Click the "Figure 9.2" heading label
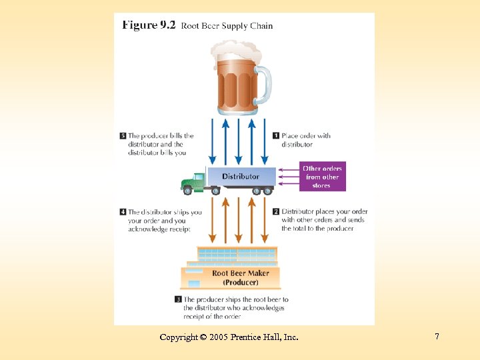tap(149, 25)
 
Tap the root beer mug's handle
tap(265, 85)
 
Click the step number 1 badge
tap(275, 136)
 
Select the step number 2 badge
tap(275, 212)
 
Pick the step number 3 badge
tap(179, 300)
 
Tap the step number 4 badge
tap(123, 213)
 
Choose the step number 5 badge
tap(123, 136)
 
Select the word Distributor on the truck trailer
tap(241, 177)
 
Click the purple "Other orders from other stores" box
tap(321, 177)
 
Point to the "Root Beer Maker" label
tap(241, 273)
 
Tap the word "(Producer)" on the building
tap(241, 282)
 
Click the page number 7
tap(437, 337)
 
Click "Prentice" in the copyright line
tap(247, 337)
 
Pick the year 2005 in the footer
tap(218, 337)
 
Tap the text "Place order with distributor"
tap(305, 140)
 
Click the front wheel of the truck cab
tap(188, 191)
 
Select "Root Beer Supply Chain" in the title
tap(227, 26)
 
